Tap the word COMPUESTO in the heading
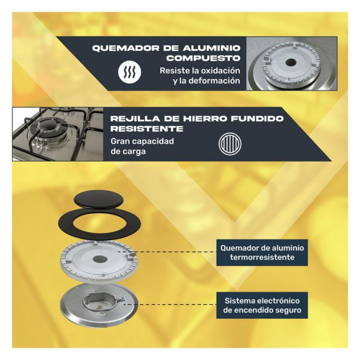[x=203, y=58]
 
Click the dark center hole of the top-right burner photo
[x=291, y=62]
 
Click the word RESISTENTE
[x=147, y=129]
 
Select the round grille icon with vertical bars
[x=230, y=144]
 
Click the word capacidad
[x=152, y=141]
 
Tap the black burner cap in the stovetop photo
[x=48, y=126]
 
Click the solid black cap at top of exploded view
[x=100, y=199]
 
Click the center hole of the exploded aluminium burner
[x=100, y=259]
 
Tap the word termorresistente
[x=262, y=257]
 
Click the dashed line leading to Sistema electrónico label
[x=170, y=305]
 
